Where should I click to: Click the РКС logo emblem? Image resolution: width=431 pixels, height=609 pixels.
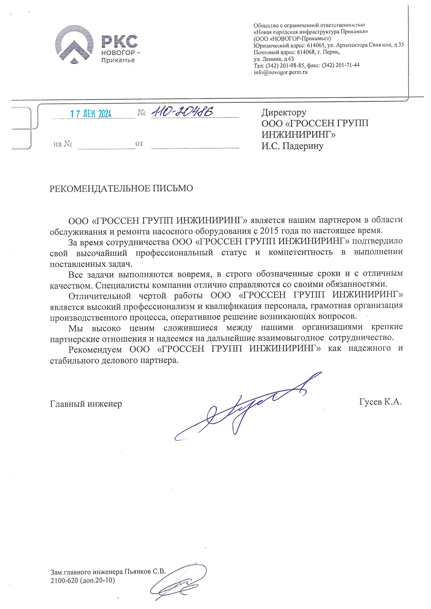(74, 45)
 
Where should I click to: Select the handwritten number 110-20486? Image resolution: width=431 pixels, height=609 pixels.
(182, 111)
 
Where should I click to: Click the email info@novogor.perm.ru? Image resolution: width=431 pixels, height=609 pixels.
(280, 72)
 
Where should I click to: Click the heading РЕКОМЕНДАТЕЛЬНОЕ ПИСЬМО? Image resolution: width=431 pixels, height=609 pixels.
(121, 188)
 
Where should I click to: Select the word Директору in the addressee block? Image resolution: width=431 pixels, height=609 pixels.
(284, 112)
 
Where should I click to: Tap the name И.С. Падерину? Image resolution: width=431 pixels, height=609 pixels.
(292, 146)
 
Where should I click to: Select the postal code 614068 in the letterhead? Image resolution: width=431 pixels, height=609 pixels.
(305, 52)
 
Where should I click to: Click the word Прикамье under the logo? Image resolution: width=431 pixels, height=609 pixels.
(118, 60)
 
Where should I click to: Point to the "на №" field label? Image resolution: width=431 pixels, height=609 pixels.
(62, 144)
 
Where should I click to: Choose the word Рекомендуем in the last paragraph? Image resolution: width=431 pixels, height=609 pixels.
(95, 349)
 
